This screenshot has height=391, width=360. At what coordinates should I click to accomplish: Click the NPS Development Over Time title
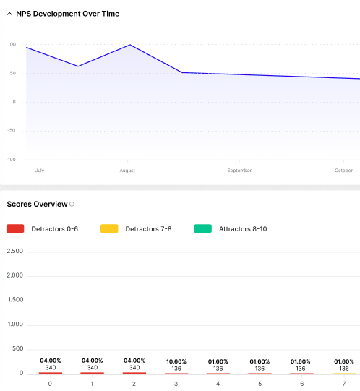coord(68,14)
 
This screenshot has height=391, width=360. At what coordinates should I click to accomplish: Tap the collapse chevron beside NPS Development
coord(9,14)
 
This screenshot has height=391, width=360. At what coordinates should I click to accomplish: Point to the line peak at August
coord(129,45)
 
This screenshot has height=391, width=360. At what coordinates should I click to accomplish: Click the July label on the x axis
coord(40,171)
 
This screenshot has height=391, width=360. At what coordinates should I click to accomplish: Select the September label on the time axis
coord(239,171)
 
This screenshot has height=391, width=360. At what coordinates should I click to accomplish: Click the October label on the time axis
coord(343,171)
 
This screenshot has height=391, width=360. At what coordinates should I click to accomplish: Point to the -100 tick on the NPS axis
coord(11,160)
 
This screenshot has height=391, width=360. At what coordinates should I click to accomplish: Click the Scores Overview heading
coord(37,205)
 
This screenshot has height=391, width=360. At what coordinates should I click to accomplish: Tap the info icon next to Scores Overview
coord(72,205)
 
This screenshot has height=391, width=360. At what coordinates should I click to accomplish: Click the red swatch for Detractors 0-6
coord(15,228)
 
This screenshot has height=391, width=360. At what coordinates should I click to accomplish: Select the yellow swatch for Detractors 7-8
coord(109,228)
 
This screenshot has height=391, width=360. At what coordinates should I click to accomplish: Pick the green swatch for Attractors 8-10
coord(203,228)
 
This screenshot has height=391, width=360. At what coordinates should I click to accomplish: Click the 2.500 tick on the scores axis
coord(14,252)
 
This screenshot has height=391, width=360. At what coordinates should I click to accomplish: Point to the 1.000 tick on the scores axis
coord(14,325)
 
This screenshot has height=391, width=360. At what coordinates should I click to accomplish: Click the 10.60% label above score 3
coord(176,361)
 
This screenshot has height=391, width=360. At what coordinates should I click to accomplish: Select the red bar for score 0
coord(51,373)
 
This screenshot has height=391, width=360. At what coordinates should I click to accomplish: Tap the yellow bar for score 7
coord(344,374)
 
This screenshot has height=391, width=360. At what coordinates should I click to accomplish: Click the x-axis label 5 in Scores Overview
coord(260,384)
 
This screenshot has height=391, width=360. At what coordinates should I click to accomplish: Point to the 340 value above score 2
coord(134,368)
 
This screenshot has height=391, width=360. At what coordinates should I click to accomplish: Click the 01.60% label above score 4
coord(218,361)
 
